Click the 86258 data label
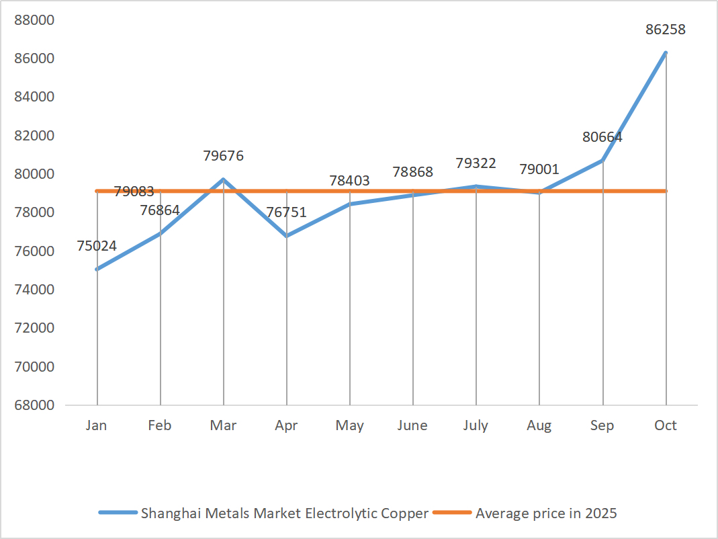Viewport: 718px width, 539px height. coord(665,30)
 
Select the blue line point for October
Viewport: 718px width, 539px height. coord(666,52)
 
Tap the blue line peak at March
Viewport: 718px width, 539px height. coord(224,179)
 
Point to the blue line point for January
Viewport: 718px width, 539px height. coord(97,269)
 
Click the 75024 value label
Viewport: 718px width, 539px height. coord(97,246)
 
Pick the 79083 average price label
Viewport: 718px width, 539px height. coord(134,192)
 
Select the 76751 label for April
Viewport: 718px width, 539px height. coord(286,212)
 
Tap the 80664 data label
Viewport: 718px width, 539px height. coord(602,137)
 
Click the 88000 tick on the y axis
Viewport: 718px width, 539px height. coord(34,19)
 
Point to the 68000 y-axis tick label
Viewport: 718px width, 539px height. coord(34,405)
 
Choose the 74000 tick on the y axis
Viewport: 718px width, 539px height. coord(34,290)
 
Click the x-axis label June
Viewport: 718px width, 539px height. coord(412,425)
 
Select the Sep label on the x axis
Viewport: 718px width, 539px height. coord(602,425)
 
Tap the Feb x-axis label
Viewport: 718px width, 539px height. coord(160,425)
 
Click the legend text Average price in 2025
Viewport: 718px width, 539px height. coord(546,513)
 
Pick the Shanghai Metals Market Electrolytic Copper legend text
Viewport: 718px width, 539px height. coord(284,513)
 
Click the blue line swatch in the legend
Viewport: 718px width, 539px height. coord(118,513)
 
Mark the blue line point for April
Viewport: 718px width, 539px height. coord(287,236)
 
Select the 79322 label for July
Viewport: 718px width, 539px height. coord(476,163)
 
